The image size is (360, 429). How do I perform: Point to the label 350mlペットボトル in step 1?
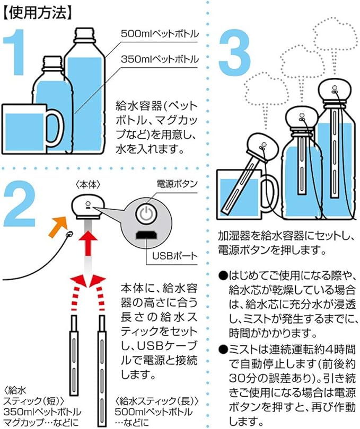point(159,58)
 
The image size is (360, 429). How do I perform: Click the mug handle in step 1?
point(55,127)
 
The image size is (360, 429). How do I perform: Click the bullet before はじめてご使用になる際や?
point(223,276)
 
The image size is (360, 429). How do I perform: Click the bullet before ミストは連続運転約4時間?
point(223,350)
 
